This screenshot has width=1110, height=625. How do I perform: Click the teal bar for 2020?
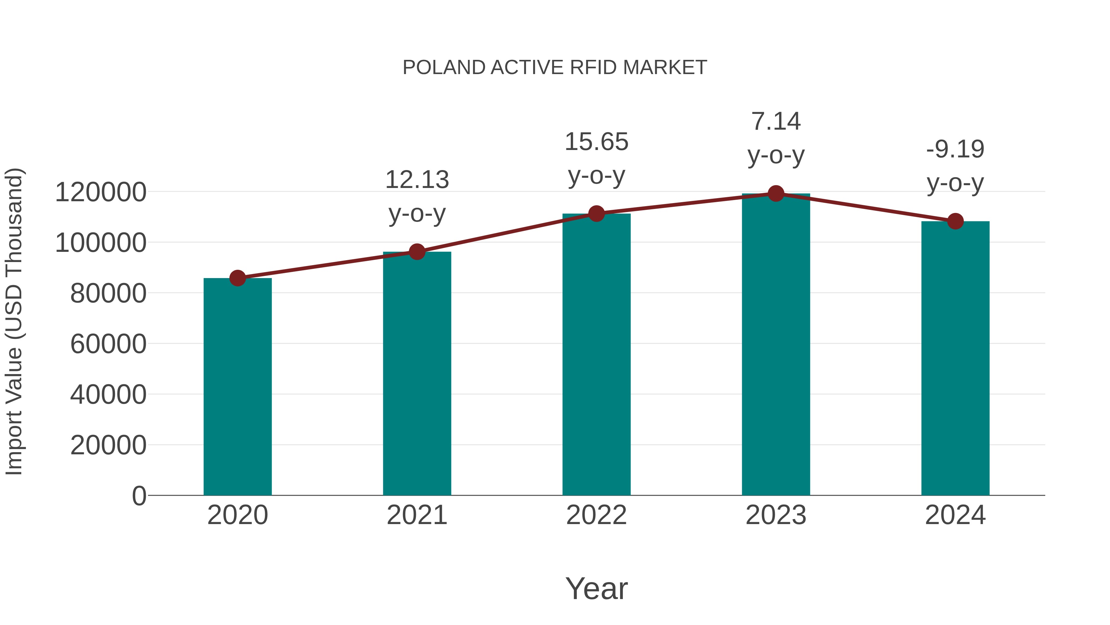[237, 388]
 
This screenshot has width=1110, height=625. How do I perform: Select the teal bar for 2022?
[596, 358]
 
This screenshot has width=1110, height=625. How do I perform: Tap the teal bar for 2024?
[955, 362]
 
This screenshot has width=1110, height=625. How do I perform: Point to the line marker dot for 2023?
[776, 194]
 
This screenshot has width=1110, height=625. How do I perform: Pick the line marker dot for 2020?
[237, 278]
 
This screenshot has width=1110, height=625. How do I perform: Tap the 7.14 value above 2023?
[776, 121]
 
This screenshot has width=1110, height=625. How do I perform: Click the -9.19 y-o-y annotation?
[955, 166]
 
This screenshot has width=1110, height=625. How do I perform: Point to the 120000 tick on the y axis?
[101, 192]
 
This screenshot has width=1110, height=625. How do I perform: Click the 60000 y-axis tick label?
[108, 344]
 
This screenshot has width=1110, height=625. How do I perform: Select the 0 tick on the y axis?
[139, 496]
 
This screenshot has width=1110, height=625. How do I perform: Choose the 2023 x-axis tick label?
[776, 515]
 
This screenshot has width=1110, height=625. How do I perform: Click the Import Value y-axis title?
[14, 321]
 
